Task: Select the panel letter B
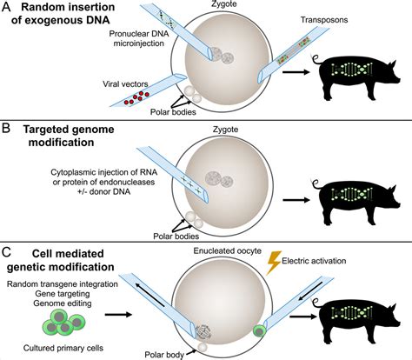[x=8, y=131]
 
